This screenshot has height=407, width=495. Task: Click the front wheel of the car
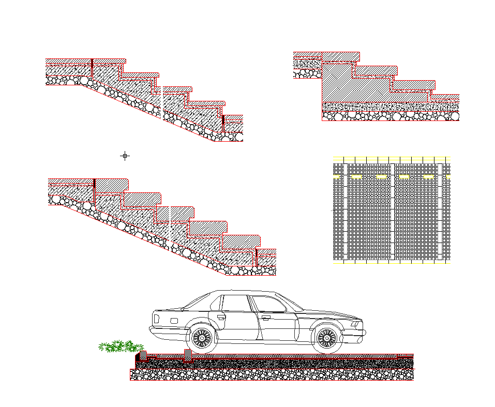coord(326,338)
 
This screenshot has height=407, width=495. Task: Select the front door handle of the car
coord(266,318)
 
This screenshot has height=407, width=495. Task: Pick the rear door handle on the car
coord(221,316)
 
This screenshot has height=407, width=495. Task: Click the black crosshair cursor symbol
coord(125,156)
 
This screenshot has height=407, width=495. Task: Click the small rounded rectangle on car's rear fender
coord(173,321)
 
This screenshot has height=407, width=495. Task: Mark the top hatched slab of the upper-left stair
coord(85,61)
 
